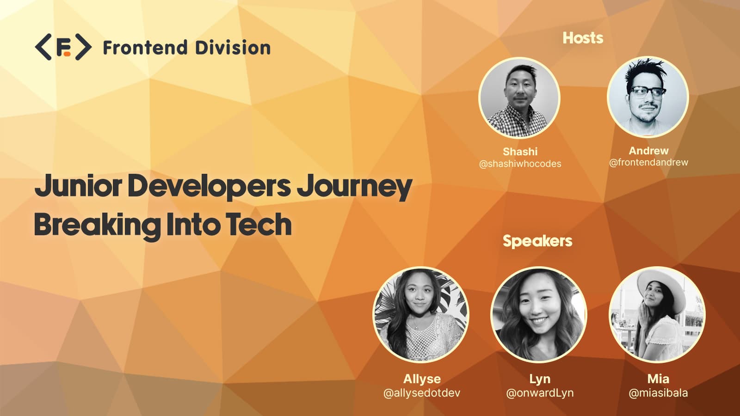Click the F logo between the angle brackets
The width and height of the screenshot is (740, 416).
pos(63,47)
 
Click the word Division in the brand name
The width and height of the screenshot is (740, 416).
pos(233,48)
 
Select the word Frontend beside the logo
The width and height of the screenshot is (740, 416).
pos(145,48)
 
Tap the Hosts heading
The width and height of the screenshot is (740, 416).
pos(583,38)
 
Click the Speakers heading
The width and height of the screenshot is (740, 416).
pos(537,241)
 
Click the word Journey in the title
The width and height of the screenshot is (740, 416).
pos(354,187)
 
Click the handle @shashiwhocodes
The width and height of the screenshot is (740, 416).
pos(520,164)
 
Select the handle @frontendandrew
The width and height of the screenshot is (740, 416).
pos(648,162)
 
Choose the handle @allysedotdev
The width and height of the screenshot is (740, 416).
pos(422,393)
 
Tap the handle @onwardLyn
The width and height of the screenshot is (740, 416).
pos(540,393)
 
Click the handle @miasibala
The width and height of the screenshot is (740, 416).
pos(658,393)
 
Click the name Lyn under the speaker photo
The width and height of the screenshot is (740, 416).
pos(540,379)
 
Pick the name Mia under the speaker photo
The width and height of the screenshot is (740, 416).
pos(658,379)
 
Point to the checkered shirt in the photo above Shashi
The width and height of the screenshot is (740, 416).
pos(518,122)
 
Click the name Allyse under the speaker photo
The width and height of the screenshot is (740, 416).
pos(422,379)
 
